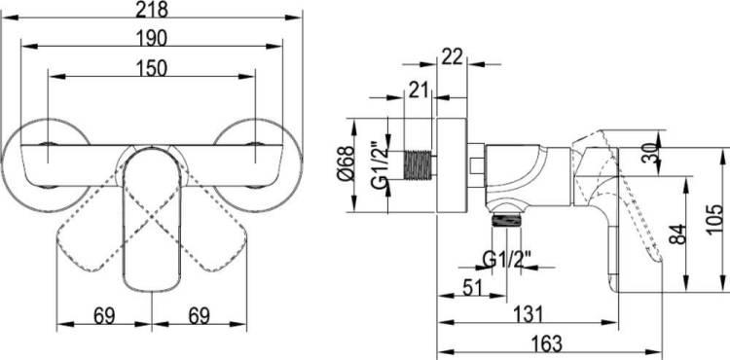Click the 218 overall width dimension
pos(152,10)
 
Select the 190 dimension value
pos(152,39)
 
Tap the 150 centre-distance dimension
pos(152,68)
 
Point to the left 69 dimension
pos(104,316)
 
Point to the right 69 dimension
pos(200,316)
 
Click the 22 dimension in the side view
pos(453,56)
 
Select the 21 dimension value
pos(418,90)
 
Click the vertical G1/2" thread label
pos(380,164)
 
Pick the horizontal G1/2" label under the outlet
pos(506,259)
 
